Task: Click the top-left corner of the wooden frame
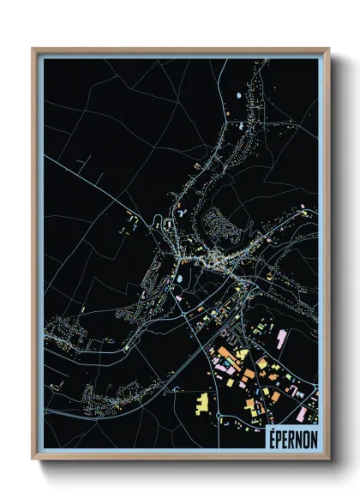pyautogui.click(x=33, y=49)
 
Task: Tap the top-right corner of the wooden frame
pyautogui.click(x=328, y=49)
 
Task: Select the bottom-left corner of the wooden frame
pyautogui.click(x=33, y=460)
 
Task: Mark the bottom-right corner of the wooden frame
pyautogui.click(x=328, y=460)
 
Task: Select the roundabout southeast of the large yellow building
pyautogui.click(x=225, y=419)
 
